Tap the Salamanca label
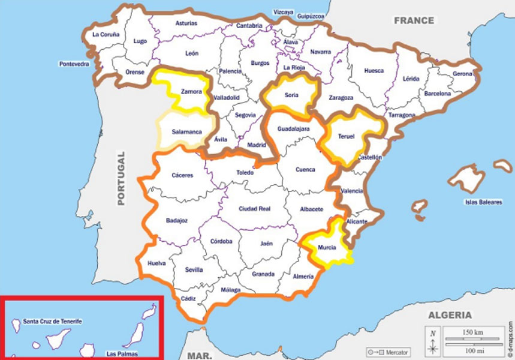pyautogui.click(x=186, y=131)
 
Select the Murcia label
pyautogui.click(x=327, y=247)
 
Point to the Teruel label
pyautogui.click(x=347, y=136)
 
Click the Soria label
pyautogui.click(x=292, y=94)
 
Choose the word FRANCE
pyautogui.click(x=414, y=20)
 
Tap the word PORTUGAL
pyautogui.click(x=121, y=178)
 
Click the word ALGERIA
pyautogui.click(x=450, y=315)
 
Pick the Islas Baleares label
pyautogui.click(x=483, y=202)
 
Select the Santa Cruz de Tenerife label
pyautogui.click(x=52, y=322)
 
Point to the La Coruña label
pyautogui.click(x=106, y=34)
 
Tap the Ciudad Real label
pyautogui.click(x=255, y=209)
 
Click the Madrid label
pyautogui.click(x=257, y=145)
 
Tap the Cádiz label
pyautogui.click(x=188, y=298)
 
